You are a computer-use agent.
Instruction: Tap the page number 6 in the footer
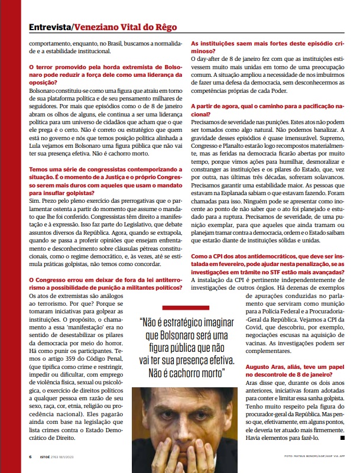pos(31,456)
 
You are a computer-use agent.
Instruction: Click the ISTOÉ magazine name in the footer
pos(46,456)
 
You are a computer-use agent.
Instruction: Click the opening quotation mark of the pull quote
pos(142,323)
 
